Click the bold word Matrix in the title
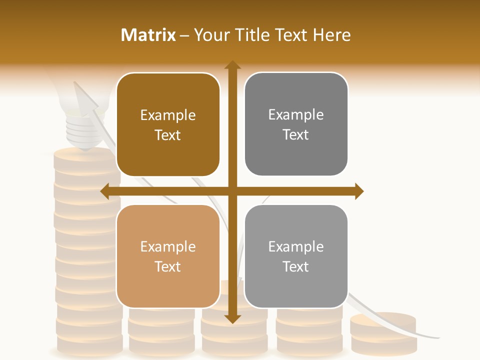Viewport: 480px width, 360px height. click(148, 34)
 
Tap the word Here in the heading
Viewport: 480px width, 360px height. click(331, 34)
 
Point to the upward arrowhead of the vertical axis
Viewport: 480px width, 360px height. click(232, 65)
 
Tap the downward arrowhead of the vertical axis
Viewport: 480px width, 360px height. click(232, 318)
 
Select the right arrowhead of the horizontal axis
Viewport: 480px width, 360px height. click(358, 191)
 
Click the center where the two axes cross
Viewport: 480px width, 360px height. click(232, 191)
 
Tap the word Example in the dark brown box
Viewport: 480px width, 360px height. click(168, 115)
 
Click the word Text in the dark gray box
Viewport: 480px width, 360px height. click(296, 135)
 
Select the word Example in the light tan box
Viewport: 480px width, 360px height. click(168, 246)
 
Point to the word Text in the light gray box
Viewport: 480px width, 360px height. click(296, 267)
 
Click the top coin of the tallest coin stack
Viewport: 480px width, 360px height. click(85, 155)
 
